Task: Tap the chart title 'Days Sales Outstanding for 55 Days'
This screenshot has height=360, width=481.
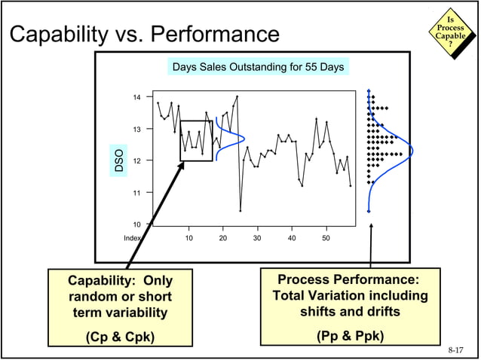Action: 258,68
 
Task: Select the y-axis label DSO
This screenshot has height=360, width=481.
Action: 118,160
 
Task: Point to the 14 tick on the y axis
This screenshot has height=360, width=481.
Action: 136,97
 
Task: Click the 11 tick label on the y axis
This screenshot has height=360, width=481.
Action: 136,193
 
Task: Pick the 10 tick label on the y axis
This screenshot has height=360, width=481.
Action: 136,224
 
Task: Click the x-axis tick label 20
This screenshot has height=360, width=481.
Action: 222,238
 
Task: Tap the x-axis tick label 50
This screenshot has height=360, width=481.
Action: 326,238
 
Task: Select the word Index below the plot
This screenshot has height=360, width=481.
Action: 133,238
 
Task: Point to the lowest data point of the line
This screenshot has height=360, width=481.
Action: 240,210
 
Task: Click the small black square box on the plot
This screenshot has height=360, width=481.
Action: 196,140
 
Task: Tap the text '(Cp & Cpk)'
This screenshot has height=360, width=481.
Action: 121,336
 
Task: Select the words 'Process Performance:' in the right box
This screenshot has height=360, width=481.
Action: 349,279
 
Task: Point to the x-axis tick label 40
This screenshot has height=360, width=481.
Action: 292,238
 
